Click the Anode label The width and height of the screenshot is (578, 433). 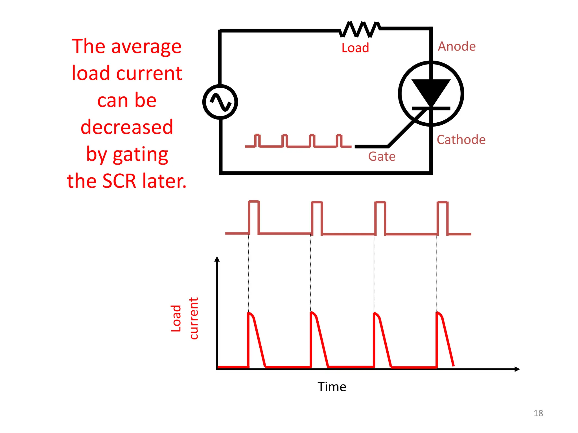[x=456, y=47]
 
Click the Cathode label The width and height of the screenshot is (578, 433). [x=461, y=140]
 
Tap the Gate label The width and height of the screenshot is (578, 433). [x=382, y=156]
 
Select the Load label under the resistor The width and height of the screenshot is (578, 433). [x=355, y=48]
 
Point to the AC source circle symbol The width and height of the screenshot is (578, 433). [x=220, y=102]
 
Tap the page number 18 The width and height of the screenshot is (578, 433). [x=538, y=413]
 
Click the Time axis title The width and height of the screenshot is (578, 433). [x=332, y=387]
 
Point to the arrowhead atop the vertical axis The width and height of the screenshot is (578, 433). [x=217, y=259]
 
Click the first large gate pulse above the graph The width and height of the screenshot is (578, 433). [x=254, y=217]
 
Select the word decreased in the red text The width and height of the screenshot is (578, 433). [x=127, y=127]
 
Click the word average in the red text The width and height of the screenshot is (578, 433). [x=146, y=47]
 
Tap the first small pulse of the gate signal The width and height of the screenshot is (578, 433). [x=257, y=140]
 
